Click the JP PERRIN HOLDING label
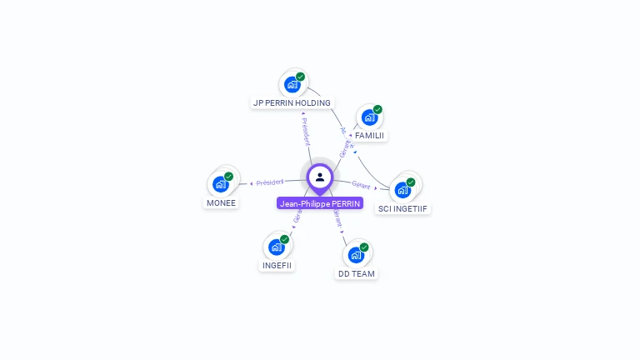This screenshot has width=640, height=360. click(291, 102)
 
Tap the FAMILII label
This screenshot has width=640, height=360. click(369, 135)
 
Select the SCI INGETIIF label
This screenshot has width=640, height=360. click(403, 208)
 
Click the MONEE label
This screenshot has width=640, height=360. click(221, 202)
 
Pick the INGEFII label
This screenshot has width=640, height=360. click(277, 265)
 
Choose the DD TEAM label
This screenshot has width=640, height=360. click(356, 273)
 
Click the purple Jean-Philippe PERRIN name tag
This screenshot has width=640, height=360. click(320, 203)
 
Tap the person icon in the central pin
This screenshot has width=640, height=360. click(320, 177)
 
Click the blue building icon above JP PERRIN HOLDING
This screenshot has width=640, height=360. click(292, 84)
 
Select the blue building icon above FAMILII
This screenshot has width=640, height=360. click(368, 117)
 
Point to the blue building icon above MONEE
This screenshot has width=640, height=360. click(221, 184)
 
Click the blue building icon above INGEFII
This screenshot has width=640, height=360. click(276, 247)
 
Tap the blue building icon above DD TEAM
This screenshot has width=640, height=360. click(355, 255)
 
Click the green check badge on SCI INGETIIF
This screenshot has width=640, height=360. click(411, 182)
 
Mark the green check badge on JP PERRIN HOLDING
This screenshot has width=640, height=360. click(300, 77)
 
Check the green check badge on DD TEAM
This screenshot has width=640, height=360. click(364, 247)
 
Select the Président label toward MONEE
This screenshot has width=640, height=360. click(270, 182)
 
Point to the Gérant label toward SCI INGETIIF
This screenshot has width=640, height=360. click(361, 185)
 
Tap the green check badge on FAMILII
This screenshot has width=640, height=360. click(377, 109)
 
